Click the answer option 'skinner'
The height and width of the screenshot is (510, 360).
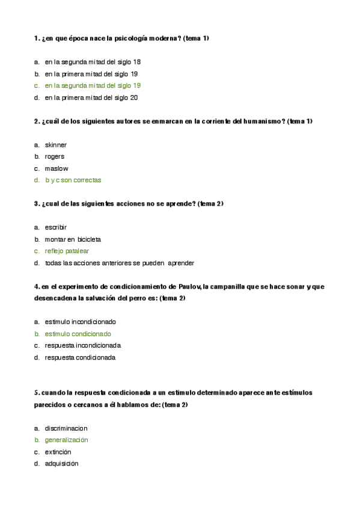(56, 145)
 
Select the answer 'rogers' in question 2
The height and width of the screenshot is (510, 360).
(55, 156)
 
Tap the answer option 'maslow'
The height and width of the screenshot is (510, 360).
(56, 168)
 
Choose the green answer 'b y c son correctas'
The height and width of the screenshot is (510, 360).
(73, 180)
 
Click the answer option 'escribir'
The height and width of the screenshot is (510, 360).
(56, 227)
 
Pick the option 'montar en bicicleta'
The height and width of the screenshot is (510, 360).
(73, 239)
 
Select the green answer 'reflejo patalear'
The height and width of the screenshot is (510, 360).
(67, 251)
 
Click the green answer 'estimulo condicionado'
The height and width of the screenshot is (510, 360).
(78, 334)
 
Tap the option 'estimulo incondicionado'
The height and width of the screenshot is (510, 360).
(80, 322)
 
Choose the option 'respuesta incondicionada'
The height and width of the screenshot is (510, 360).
(83, 346)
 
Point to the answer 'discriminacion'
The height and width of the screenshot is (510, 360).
(66, 428)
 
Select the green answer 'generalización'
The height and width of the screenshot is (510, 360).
(66, 440)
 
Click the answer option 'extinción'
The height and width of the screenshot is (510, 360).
(58, 452)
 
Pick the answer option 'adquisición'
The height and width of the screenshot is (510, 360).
(61, 464)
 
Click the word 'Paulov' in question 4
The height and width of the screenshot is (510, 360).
(189, 286)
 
